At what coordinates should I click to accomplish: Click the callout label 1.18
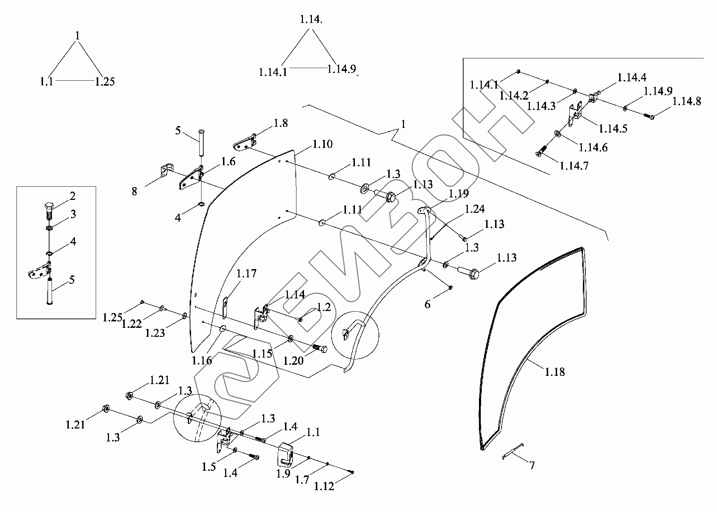click(555, 372)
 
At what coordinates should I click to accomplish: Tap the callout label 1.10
click(322, 144)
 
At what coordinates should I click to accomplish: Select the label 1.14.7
click(574, 166)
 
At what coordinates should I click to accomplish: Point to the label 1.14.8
click(687, 101)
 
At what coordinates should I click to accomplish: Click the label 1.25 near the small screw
click(112, 317)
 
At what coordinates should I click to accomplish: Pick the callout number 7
click(532, 465)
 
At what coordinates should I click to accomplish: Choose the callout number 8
click(134, 191)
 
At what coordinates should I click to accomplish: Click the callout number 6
click(427, 305)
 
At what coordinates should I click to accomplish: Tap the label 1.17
click(246, 273)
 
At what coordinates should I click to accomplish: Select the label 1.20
click(293, 360)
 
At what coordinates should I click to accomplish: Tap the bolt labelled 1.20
click(319, 349)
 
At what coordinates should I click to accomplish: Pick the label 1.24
click(475, 209)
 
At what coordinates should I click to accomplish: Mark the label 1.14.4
click(631, 77)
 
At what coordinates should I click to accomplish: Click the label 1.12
click(324, 486)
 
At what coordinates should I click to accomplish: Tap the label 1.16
click(202, 360)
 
